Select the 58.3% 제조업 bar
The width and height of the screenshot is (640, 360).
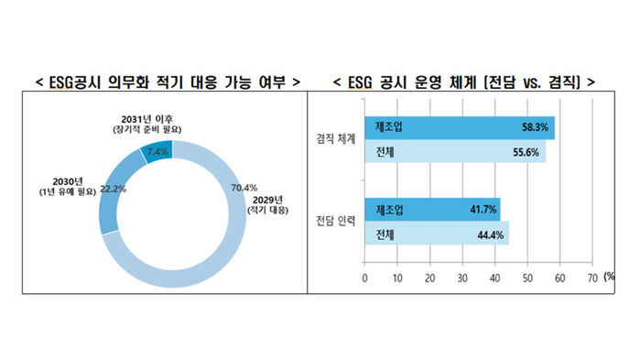[x=458, y=129]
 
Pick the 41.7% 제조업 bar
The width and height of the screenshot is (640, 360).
[x=430, y=211]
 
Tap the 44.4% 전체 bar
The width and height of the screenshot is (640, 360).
[x=435, y=234]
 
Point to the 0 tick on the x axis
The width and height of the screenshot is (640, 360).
[x=365, y=277]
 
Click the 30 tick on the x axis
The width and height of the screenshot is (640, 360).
[x=462, y=277]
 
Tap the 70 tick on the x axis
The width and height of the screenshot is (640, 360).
[x=591, y=277]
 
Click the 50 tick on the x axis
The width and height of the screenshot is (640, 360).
[x=527, y=277]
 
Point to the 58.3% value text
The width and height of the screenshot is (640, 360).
[x=535, y=129]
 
